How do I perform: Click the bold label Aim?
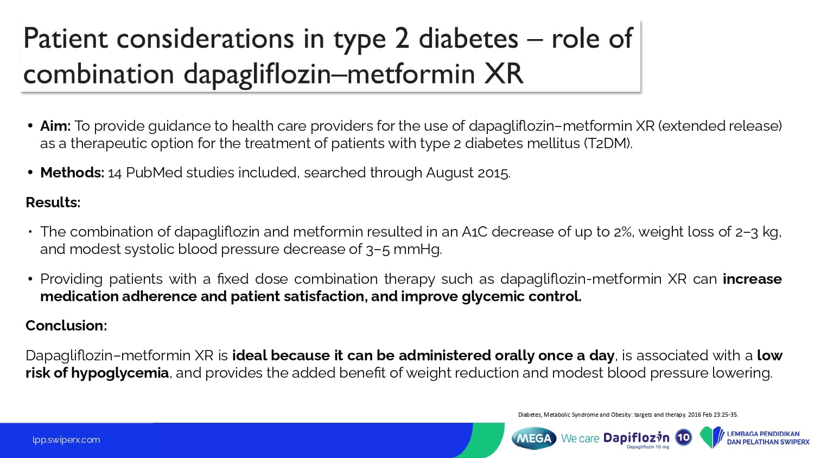(x=55, y=126)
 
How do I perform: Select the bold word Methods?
(x=72, y=173)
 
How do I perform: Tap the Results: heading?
(x=53, y=202)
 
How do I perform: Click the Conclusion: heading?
(x=66, y=326)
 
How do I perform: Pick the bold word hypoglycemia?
(x=120, y=373)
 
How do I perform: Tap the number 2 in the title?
(x=402, y=39)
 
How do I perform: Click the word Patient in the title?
(x=66, y=39)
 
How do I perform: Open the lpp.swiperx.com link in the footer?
(x=66, y=440)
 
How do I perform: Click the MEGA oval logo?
(x=534, y=438)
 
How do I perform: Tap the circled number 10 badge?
(x=684, y=437)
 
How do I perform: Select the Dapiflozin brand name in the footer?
(x=636, y=437)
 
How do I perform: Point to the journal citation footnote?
(x=628, y=415)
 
